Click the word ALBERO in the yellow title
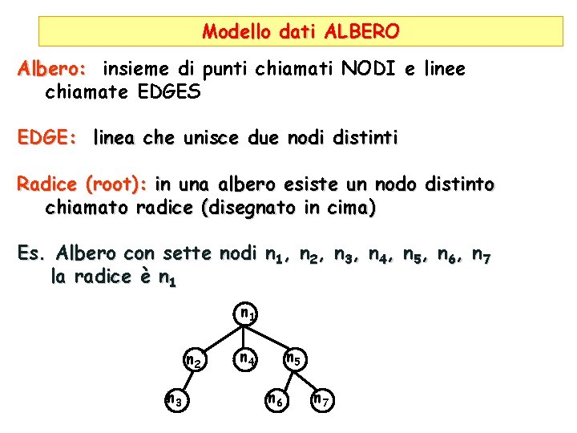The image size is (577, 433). pos(361,32)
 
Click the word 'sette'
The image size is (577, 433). pos(189,254)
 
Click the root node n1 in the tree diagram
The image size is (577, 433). pos(248,314)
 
